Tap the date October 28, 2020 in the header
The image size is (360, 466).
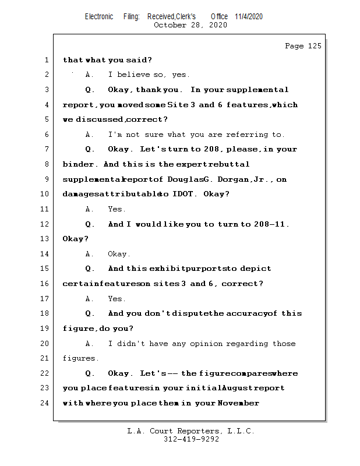190,25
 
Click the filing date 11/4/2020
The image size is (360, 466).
249,16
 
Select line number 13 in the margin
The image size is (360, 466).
45,239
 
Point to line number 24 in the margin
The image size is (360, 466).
45,403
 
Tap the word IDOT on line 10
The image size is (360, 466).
183,194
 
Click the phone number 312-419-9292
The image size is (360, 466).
191,440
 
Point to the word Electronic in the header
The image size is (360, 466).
99,16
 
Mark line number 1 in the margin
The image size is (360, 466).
45,59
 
